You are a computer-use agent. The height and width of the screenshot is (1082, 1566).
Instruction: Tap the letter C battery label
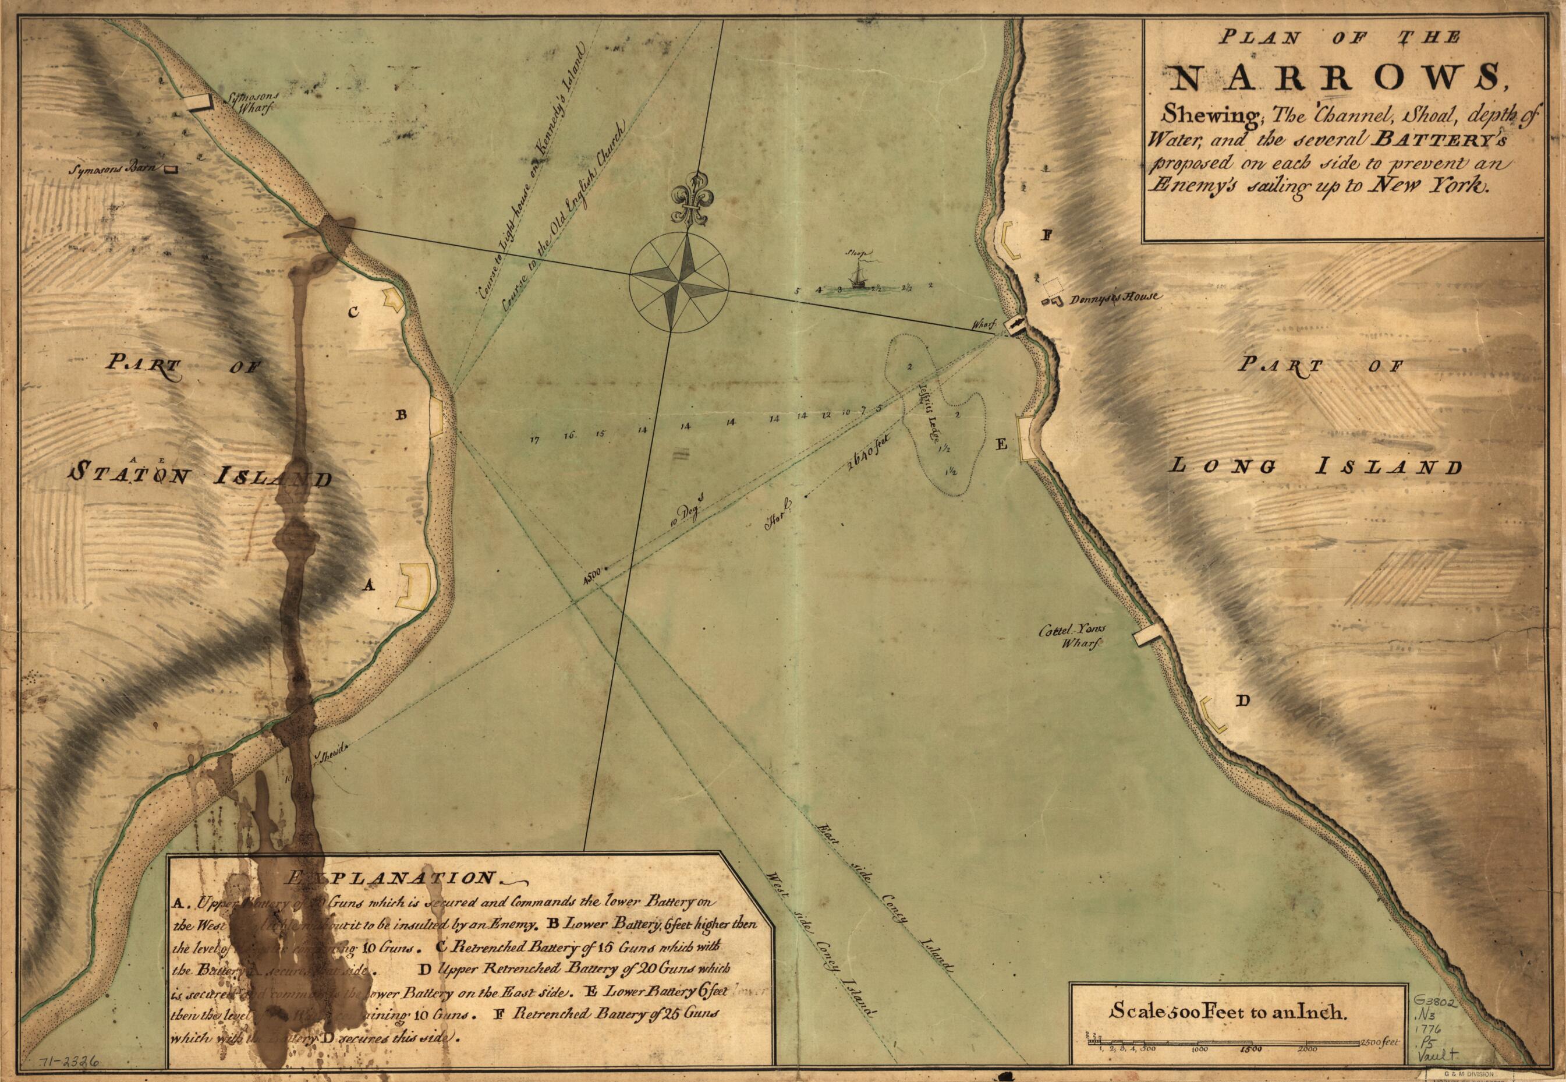(353, 313)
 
